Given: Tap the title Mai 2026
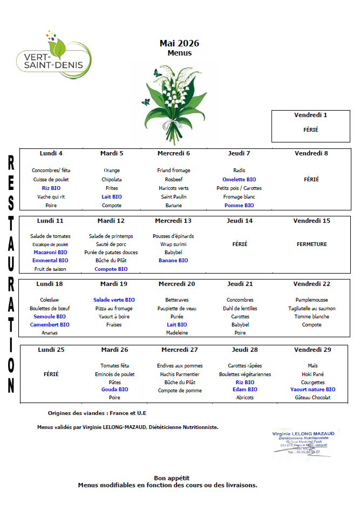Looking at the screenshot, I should click(179, 43).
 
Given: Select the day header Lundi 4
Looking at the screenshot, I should click(51, 153).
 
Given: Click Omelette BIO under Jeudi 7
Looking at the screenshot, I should click(239, 179).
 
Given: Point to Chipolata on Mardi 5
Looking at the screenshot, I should click(111, 179).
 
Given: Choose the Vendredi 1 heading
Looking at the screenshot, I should click(310, 115).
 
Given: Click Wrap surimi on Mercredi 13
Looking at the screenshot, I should click(173, 244).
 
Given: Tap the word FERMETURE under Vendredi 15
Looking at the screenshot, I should click(311, 244).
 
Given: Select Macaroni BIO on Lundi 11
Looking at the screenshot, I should click(50, 252).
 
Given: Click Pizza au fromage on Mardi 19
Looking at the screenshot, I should click(114, 308).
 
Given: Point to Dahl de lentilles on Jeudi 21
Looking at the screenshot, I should click(240, 308).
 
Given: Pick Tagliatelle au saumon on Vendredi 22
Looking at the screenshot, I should click(311, 308).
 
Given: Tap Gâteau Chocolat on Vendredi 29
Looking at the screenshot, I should click(313, 398).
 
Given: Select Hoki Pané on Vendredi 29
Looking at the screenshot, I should click(313, 374).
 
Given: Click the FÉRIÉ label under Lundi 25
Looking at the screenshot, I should click(51, 374).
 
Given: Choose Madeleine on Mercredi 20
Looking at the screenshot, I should click(176, 333).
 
